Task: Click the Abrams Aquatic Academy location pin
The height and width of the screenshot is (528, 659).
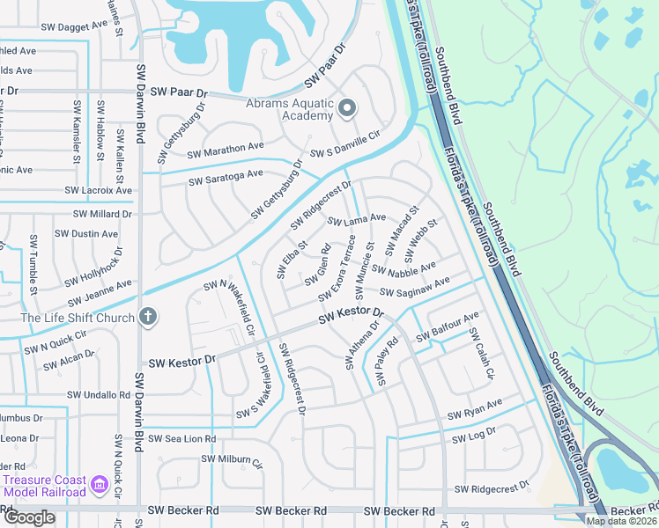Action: tap(347, 108)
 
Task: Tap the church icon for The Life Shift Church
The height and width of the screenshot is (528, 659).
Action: tap(149, 317)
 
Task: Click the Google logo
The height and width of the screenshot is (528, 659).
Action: tap(29, 517)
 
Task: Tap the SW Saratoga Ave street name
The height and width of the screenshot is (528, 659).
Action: tap(226, 179)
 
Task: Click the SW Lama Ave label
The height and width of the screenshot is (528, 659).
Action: tap(357, 220)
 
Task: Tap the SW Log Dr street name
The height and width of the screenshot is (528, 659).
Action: tap(474, 436)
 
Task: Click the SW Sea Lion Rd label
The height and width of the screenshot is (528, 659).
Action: tap(181, 438)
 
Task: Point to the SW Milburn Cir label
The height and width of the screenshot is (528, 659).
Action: tap(232, 460)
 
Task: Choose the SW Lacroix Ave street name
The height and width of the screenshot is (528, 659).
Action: tap(99, 190)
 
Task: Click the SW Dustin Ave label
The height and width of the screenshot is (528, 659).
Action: tap(85, 234)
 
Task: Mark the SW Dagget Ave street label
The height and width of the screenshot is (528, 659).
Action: tap(75, 27)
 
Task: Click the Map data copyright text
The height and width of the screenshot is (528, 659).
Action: tap(621, 521)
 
